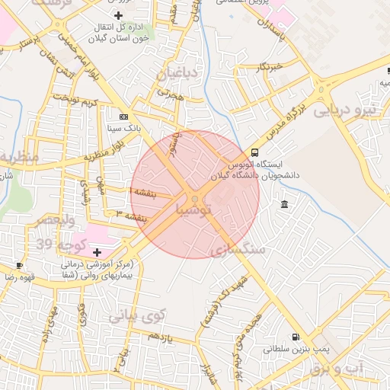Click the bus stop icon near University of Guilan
click(254, 152)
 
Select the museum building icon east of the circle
click(284, 204)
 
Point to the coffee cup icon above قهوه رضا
click(19, 265)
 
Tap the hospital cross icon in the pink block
click(97, 251)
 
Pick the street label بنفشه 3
click(130, 217)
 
